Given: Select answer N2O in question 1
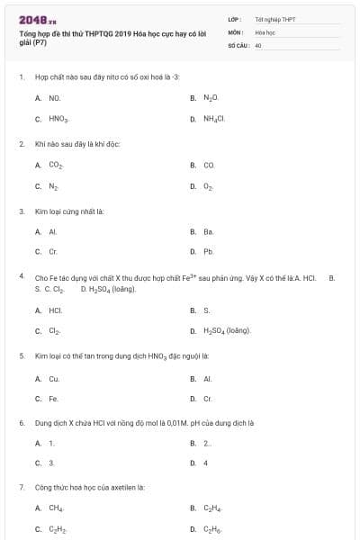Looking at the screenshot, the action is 210,97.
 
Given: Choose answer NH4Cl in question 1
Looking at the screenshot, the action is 212,119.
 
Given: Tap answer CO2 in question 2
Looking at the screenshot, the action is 55,166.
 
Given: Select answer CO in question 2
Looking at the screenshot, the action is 208,166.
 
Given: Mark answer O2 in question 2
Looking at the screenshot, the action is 208,187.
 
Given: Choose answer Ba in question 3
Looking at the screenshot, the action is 208,231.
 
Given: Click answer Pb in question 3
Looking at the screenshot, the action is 208,252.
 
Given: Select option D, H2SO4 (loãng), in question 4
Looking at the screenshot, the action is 227,331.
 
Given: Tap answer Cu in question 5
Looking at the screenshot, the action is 54,378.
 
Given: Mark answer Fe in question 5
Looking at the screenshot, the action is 53,399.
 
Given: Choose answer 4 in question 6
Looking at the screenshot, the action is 205,463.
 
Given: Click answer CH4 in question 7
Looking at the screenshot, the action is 55,508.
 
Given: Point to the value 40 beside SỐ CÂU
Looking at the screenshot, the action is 258,44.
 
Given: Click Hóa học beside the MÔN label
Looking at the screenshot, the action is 265,31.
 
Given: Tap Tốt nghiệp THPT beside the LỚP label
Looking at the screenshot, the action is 274,19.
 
